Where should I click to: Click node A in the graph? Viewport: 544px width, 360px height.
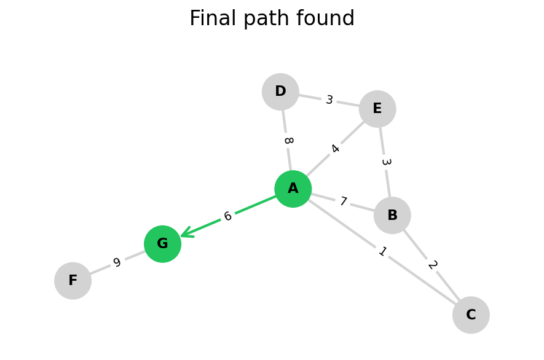coord(293,189)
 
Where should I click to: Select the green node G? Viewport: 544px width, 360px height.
coord(162,244)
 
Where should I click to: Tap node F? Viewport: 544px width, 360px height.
coord(73,281)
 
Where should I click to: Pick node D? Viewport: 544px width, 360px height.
coord(280,92)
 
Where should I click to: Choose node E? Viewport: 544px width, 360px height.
coord(377,109)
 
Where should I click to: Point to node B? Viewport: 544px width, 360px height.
coord(392,216)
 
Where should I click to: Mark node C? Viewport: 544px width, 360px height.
coord(471,315)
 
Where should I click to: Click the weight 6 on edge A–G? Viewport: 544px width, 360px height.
coord(227,216)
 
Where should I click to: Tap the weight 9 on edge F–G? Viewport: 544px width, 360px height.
coord(117,262)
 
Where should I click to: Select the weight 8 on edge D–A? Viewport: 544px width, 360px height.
coord(287,141)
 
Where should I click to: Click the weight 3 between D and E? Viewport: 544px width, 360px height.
coord(329,100)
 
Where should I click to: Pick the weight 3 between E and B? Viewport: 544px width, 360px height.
coord(385,162)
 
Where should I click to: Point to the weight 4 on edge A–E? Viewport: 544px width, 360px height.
coord(335,149)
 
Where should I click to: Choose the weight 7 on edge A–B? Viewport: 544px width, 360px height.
coord(343,202)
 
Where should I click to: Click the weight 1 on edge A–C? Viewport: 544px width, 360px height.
coord(382,251)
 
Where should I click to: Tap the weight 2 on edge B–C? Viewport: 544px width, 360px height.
coord(432,265)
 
